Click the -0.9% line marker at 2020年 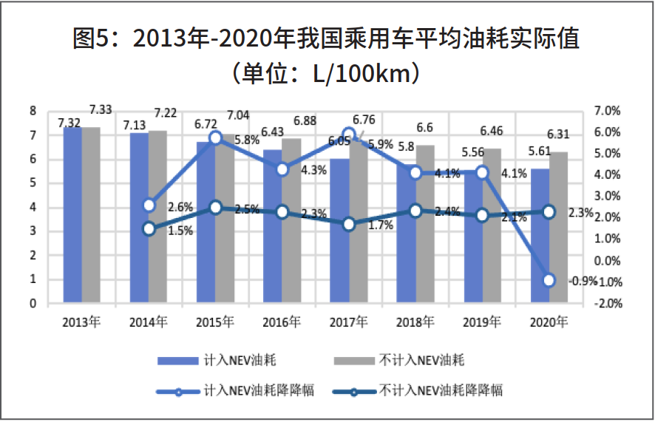click(x=549, y=280)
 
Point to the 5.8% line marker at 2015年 click(x=215, y=137)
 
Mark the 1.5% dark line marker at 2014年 click(x=149, y=229)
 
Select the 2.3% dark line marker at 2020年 click(x=549, y=212)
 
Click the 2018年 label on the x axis click(x=416, y=322)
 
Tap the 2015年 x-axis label click(x=215, y=322)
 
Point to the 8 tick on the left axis click(x=33, y=111)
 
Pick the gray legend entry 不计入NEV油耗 click(x=422, y=361)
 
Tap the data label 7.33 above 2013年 click(x=101, y=110)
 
